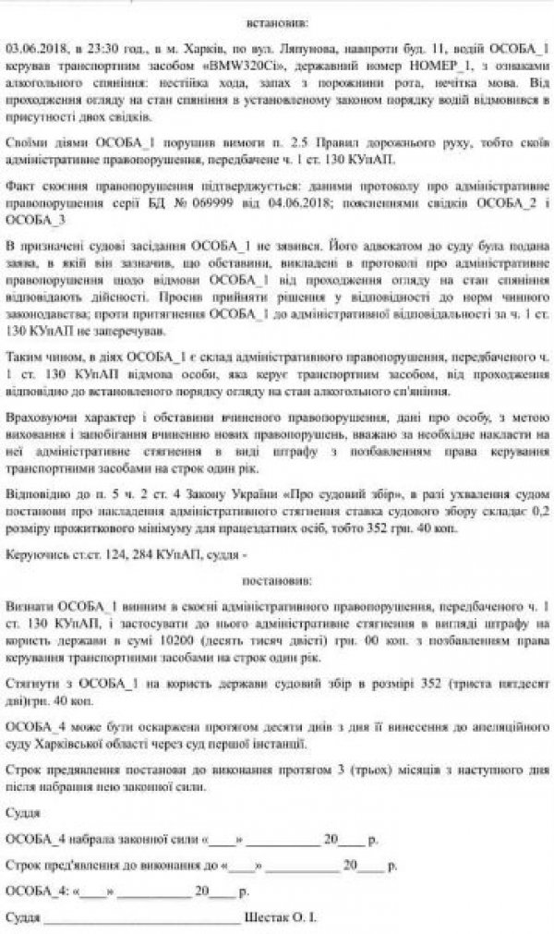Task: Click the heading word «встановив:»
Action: [x=278, y=20]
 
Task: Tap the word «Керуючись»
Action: [x=34, y=558]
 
